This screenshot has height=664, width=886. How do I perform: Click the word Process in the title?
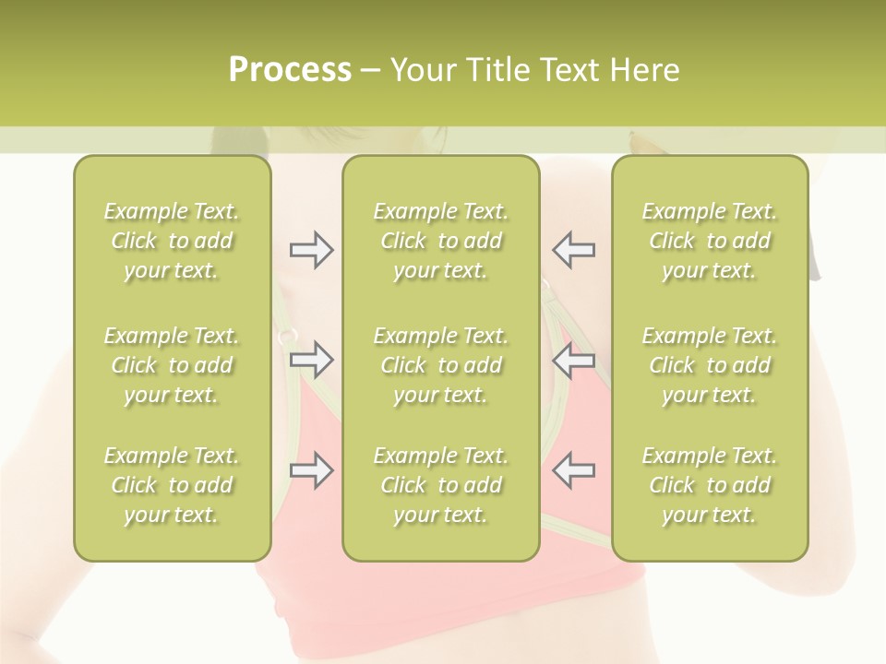coord(290,70)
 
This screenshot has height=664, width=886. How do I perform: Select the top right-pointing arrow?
coord(312,250)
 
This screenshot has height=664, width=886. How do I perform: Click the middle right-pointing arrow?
coord(312,360)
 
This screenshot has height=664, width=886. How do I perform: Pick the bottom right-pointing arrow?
coord(312,470)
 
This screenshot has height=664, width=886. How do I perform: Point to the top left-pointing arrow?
coord(573,250)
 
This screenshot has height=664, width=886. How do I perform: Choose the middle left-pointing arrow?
coord(573,360)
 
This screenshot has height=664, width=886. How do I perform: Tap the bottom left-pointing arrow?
coord(573,470)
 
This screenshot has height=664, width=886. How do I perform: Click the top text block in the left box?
coord(172,241)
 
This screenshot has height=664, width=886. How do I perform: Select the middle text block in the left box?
coord(172,365)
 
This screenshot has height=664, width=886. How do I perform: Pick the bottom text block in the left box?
coord(172,485)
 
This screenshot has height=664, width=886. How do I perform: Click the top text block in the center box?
coord(441,241)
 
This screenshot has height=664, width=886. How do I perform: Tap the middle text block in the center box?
coord(441,365)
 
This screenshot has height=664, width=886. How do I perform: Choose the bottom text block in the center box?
coord(441,485)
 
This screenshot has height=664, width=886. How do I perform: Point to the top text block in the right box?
coord(710,241)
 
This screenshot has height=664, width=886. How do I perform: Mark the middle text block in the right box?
coord(710,365)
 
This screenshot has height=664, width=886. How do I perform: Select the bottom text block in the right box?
coord(710,485)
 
